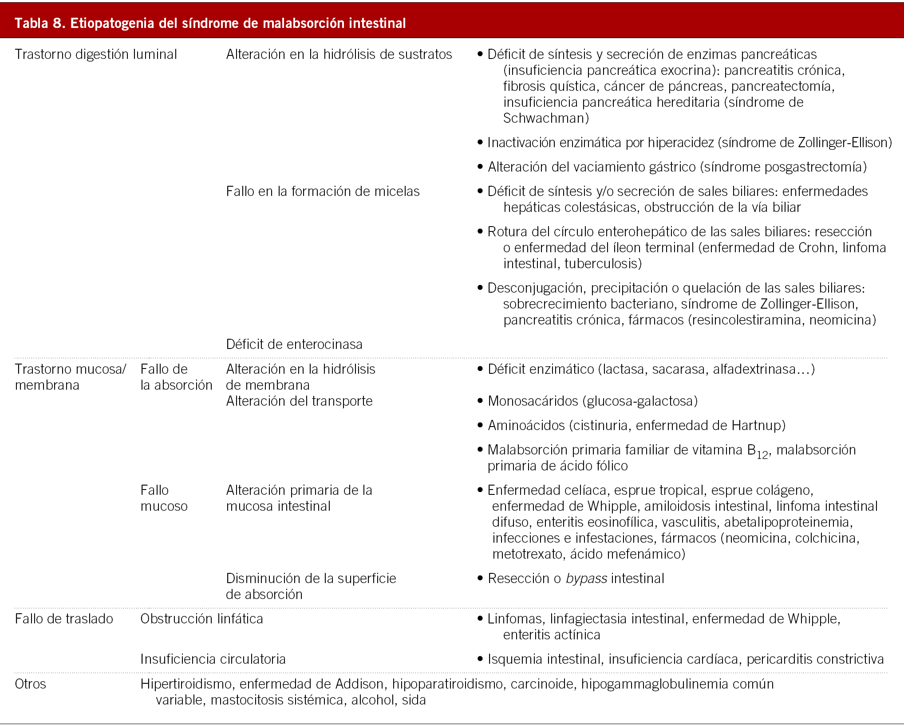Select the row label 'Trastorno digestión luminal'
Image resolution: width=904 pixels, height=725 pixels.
(96, 55)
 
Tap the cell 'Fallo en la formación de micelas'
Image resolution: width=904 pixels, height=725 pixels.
(323, 192)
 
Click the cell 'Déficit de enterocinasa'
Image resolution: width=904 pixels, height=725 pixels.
(294, 345)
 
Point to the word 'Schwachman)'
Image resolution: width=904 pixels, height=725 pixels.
(546, 118)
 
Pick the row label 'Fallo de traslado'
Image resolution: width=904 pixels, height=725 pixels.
(64, 619)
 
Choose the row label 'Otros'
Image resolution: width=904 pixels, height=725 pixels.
(30, 684)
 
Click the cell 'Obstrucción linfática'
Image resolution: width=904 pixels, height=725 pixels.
(201, 619)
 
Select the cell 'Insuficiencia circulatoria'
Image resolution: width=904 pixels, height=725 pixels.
(213, 659)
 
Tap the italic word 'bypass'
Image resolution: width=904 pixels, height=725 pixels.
(586, 579)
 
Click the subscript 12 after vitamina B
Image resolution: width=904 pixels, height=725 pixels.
(762, 455)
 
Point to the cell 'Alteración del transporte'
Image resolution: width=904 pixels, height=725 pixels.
(299, 401)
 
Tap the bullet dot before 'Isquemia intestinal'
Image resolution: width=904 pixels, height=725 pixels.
(480, 659)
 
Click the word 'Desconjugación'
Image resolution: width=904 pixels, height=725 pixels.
(535, 288)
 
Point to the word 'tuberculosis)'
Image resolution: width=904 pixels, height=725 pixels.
(603, 264)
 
